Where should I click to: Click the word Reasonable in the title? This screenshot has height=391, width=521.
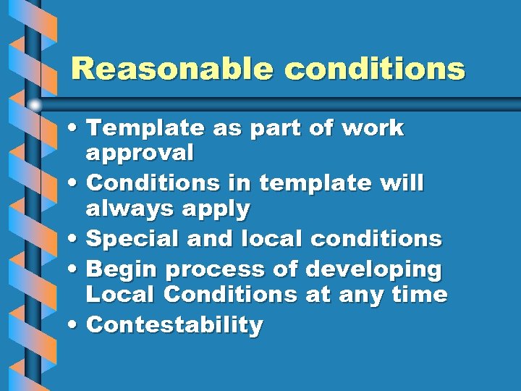tap(172, 69)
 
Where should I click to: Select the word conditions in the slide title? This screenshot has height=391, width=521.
tap(375, 69)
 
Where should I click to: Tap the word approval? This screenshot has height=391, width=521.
tap(140, 153)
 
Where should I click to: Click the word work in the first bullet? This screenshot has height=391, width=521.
tap(372, 128)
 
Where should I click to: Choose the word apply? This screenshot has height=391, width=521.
tap(214, 210)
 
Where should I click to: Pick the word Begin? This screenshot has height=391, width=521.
tap(122, 269)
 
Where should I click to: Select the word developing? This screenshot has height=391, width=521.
tap(373, 269)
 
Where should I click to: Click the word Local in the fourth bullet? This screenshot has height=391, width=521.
tap(121, 295)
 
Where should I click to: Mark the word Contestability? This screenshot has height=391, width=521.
tap(174, 325)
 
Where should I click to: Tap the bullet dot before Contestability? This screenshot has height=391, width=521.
tap(76, 325)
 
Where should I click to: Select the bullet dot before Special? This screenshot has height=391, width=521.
tap(76, 238)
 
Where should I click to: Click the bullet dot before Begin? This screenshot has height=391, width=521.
tap(76, 269)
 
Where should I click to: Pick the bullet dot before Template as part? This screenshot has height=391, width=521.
tap(76, 128)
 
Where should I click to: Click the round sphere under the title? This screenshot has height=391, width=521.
tap(35, 104)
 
